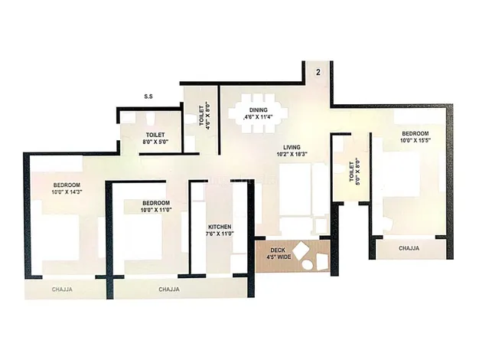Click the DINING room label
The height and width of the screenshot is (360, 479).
coord(257,110)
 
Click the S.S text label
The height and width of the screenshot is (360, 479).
coord(150,97)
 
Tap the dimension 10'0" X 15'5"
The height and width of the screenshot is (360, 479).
coord(415,140)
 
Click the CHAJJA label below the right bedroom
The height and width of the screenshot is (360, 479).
coord(409,248)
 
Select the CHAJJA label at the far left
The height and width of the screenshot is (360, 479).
coord(63,290)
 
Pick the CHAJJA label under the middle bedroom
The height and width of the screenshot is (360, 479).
coord(169,290)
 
